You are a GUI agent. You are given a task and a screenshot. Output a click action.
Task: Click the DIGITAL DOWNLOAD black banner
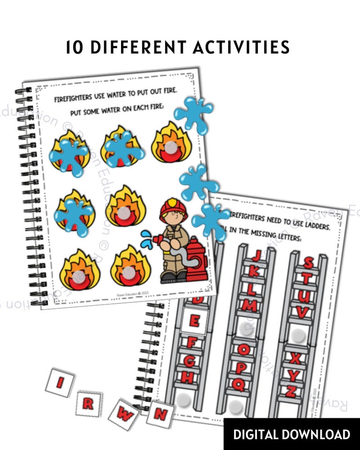292,434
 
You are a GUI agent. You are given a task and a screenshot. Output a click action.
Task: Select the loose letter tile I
60,383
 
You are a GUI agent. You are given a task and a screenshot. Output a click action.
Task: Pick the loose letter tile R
88,404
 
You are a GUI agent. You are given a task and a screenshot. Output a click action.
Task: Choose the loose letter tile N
160,413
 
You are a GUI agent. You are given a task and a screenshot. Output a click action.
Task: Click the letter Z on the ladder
291,391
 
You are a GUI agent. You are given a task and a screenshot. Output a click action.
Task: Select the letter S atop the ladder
308,262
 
